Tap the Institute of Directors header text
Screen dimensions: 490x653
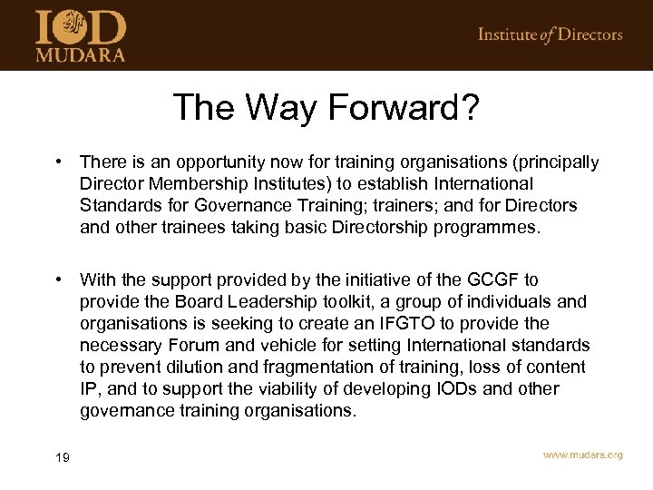(x=550, y=35)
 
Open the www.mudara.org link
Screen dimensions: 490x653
(x=582, y=455)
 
